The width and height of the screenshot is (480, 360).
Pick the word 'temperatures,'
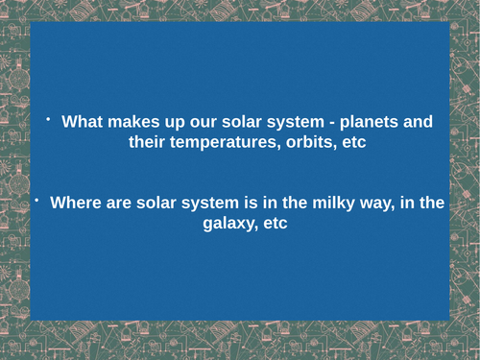(x=225, y=143)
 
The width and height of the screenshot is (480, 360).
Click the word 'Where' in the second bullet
(x=75, y=204)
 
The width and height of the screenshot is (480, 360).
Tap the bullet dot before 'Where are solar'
(x=35, y=200)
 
